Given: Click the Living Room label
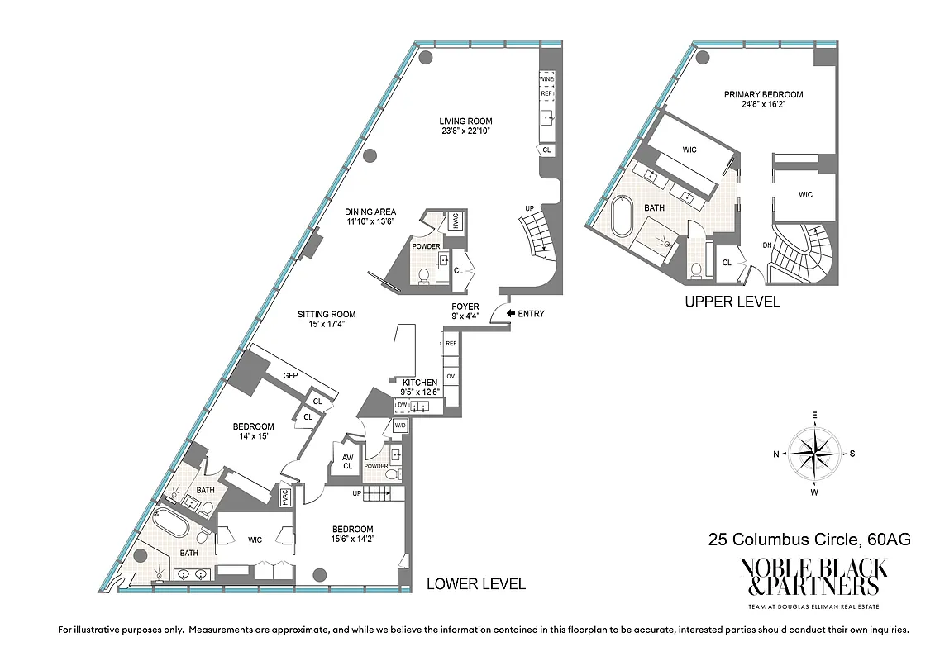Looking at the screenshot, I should point(465,121).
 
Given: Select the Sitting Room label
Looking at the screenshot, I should point(327,314).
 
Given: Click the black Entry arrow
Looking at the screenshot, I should point(509,313).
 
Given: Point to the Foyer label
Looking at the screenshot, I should point(465,307).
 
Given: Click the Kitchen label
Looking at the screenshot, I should point(419,383).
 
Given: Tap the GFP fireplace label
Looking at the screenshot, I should point(290,376).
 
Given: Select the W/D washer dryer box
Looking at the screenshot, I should point(400,426).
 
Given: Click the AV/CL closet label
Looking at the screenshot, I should point(347,462).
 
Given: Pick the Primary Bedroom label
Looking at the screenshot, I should point(763,95).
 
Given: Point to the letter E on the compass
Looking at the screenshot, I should point(814,415).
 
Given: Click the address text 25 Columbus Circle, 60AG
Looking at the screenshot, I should point(809,540).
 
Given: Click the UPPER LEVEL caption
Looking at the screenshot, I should point(732,302).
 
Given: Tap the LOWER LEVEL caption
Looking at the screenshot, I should point(475,584).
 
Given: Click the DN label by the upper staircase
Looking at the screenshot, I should point(766,245).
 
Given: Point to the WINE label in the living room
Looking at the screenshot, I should point(546,79).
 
